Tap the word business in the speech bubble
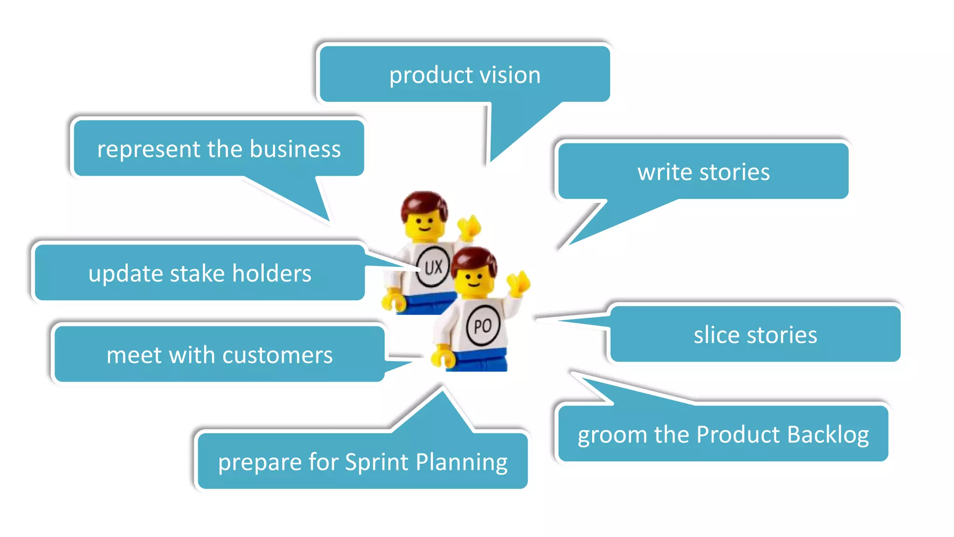pyautogui.click(x=295, y=149)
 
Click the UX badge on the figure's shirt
pyautogui.click(x=433, y=267)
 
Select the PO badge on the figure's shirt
pyautogui.click(x=483, y=325)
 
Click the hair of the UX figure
pyautogui.click(x=424, y=203)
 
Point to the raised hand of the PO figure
pyautogui.click(x=519, y=282)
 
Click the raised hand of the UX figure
pyautogui.click(x=470, y=227)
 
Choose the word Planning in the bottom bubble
pyautogui.click(x=461, y=462)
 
